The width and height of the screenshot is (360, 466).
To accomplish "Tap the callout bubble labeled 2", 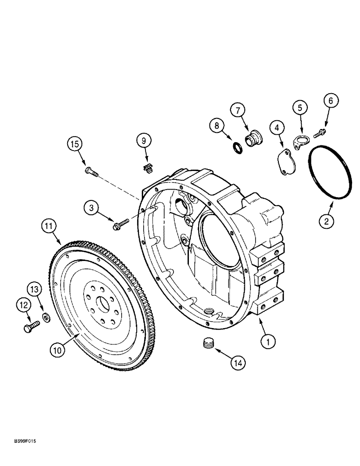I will [327, 222].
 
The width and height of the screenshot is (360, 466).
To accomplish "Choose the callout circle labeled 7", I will [237, 110].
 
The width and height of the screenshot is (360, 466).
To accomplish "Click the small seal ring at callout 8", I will [237, 148].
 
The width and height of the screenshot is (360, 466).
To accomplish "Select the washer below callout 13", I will [47, 318].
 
